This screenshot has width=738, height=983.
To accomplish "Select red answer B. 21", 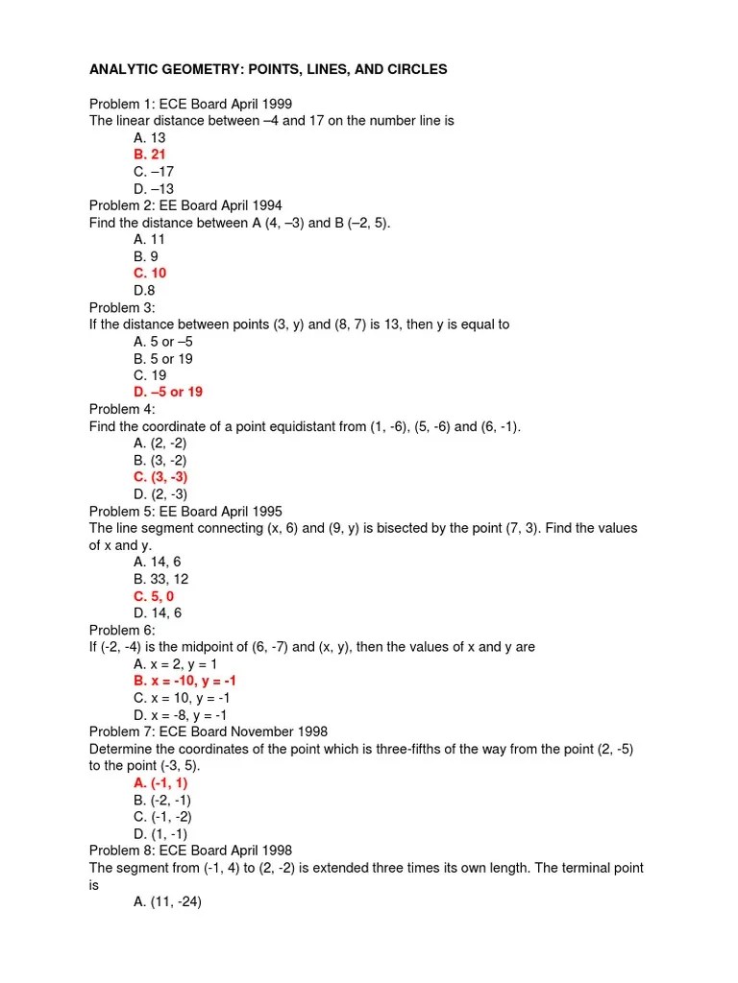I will (150, 155).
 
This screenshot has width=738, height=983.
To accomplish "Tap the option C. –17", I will (154, 172).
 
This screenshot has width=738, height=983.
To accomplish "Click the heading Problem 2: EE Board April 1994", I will (185, 205).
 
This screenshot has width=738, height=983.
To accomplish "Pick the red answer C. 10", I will (150, 273).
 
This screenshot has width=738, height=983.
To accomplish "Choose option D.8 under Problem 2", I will (144, 290).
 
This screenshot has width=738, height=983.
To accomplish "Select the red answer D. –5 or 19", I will (168, 392).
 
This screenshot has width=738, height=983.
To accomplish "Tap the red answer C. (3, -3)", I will (160, 477).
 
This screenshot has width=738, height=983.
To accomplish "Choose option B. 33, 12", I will (161, 579).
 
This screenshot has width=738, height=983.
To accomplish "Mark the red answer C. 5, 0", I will (154, 596).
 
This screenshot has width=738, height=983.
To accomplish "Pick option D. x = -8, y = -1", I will (181, 714).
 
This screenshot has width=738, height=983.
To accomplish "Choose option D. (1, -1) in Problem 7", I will (160, 834).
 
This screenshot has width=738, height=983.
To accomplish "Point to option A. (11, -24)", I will (167, 902).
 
